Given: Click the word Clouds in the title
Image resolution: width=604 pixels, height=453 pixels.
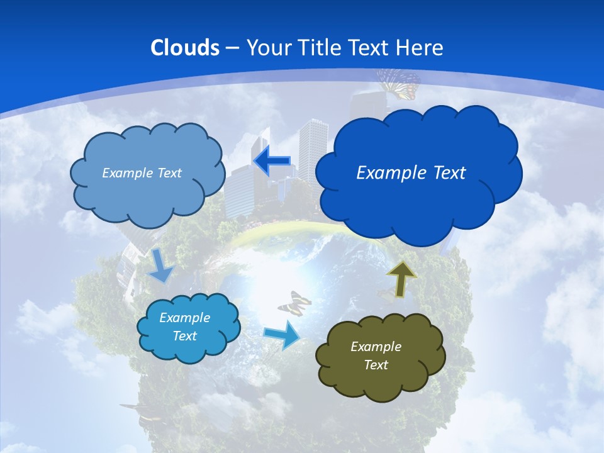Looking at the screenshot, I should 184,48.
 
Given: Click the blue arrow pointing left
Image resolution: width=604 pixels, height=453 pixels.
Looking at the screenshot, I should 272,161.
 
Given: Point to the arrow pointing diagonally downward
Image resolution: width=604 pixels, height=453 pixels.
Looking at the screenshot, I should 161,266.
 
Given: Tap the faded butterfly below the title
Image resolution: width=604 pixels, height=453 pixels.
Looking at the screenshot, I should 398,83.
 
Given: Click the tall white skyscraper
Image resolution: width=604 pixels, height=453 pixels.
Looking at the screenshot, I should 313,151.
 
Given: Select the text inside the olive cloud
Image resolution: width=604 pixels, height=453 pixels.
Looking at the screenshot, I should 376,355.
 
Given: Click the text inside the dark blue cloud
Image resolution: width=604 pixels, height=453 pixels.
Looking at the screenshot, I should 411,172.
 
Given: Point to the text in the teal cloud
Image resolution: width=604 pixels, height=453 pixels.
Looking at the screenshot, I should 184,327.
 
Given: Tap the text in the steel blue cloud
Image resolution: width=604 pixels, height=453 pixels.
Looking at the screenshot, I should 142,172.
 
